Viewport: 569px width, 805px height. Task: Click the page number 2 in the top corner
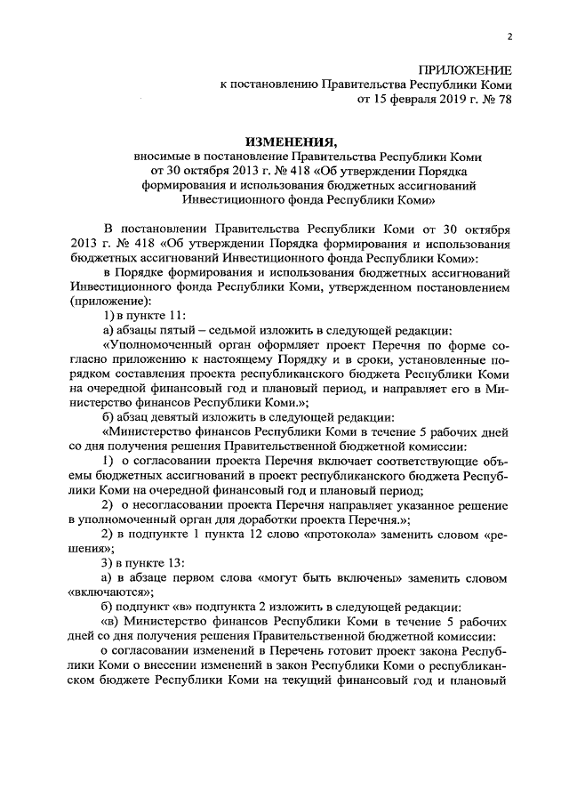pos(509,36)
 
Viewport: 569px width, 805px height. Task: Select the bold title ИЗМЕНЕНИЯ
pos(292,141)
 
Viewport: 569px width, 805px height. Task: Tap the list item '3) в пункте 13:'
pos(132,562)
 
